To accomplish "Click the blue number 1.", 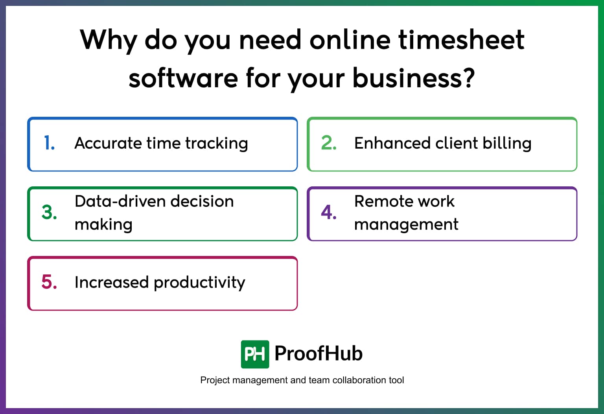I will click(49, 143).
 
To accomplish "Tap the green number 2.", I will click(328, 143).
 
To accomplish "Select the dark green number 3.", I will click(49, 212).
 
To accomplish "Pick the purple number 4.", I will click(328, 212).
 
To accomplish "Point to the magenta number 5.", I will click(49, 282).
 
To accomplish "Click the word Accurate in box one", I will click(108, 143).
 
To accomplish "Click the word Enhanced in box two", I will click(392, 143).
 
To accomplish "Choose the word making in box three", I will click(103, 225).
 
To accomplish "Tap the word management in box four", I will click(406, 225).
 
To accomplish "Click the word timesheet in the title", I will click(461, 40).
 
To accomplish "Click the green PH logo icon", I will click(255, 354).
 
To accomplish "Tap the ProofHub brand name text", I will click(319, 353).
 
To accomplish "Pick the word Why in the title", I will click(109, 41).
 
